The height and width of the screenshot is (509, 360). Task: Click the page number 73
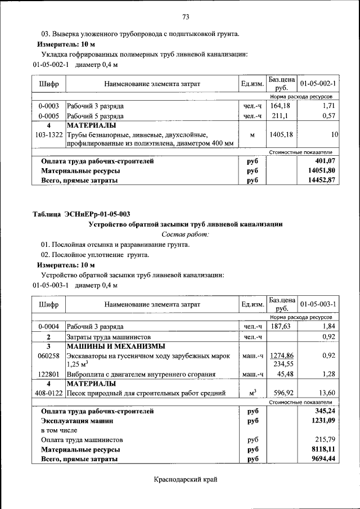(185, 16)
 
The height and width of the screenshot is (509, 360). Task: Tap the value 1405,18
(280, 135)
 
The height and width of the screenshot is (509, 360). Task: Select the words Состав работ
(185, 233)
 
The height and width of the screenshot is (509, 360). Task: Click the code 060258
(49, 355)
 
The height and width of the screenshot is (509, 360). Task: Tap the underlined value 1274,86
(282, 355)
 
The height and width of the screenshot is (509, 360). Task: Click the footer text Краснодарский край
(185, 479)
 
